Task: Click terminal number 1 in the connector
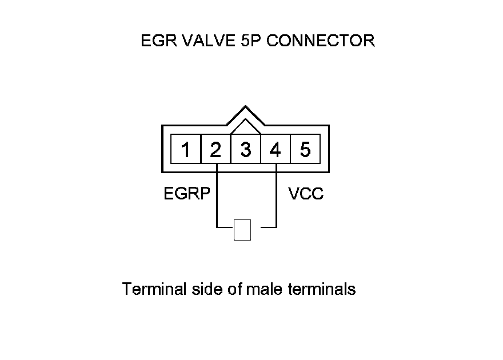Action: click(186, 150)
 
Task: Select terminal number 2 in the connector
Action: click(215, 150)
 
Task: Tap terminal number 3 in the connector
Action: click(245, 150)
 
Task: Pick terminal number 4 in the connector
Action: click(276, 150)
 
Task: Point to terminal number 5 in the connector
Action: click(305, 150)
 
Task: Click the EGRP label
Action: click(187, 194)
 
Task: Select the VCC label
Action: click(306, 194)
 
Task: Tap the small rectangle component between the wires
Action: click(242, 230)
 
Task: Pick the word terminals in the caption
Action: click(323, 289)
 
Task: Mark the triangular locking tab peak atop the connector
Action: click(245, 107)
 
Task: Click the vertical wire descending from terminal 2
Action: click(217, 197)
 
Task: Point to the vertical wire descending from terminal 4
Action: click(277, 197)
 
